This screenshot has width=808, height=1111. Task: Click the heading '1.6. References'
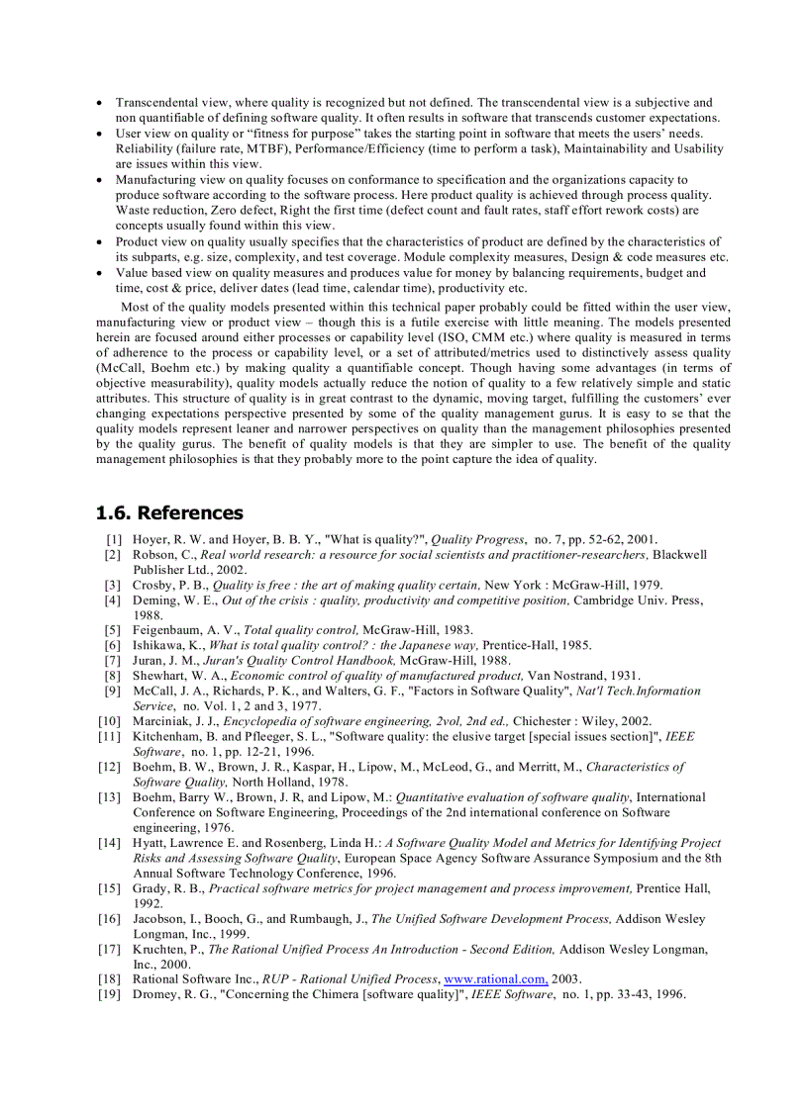tap(169, 512)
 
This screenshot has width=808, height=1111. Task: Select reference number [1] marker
tap(113, 539)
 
